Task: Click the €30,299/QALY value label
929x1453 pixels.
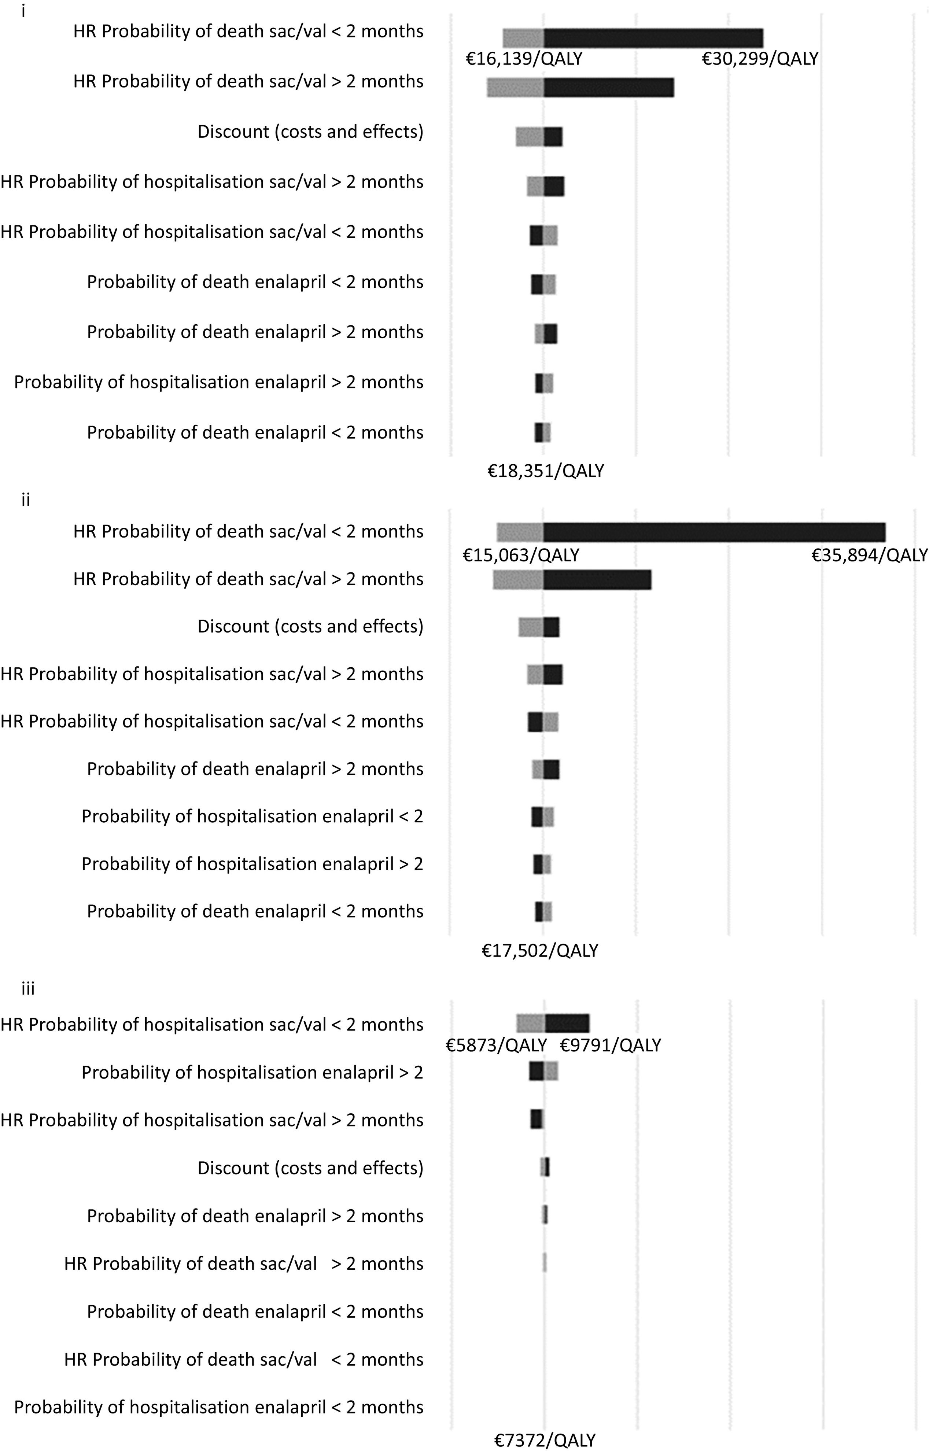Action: [759, 59]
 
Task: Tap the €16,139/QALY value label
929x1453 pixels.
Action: [524, 59]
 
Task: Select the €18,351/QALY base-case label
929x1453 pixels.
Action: [545, 471]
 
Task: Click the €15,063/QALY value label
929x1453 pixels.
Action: [521, 555]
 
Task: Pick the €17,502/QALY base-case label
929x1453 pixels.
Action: [539, 951]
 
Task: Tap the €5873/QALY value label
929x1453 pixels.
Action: [496, 1045]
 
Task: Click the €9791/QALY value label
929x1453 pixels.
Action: [611, 1045]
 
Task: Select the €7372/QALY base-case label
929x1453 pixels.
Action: [545, 1441]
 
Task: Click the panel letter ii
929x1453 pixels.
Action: [25, 500]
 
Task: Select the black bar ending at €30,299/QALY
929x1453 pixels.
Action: [653, 38]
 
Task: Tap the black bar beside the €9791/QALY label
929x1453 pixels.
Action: [567, 1024]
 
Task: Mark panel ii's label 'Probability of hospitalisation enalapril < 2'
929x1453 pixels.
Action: [252, 816]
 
